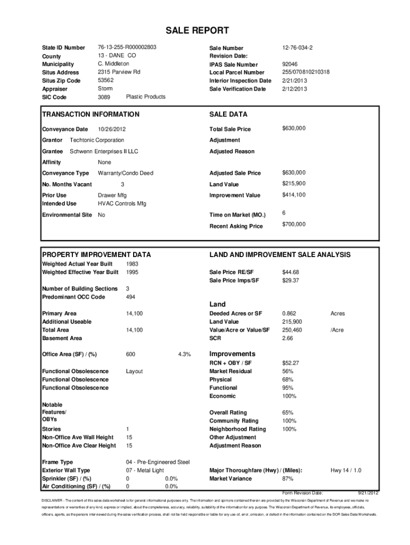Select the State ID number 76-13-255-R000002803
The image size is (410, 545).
coord(127,47)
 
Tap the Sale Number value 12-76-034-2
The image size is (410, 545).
coord(297,48)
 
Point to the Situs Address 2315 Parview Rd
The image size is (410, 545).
coord(119,72)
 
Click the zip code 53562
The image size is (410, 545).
coord(106,80)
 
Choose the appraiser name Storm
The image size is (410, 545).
coord(105,88)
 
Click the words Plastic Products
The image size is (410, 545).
coord(145,97)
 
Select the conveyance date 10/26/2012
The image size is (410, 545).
coord(112,129)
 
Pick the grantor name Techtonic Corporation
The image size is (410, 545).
coord(97,141)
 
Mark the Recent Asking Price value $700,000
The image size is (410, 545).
coord(294,225)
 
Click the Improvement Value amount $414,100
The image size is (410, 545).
coord(294,195)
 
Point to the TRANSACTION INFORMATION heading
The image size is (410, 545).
coord(91,114)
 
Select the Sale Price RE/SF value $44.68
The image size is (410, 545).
coord(290,272)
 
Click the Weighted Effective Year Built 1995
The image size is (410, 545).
coord(132,272)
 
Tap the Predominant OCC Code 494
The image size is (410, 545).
coord(130,297)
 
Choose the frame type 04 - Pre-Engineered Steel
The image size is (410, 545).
coord(158,462)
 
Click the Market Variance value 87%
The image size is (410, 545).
coord(288,478)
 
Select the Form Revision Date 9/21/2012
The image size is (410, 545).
coord(368,493)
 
